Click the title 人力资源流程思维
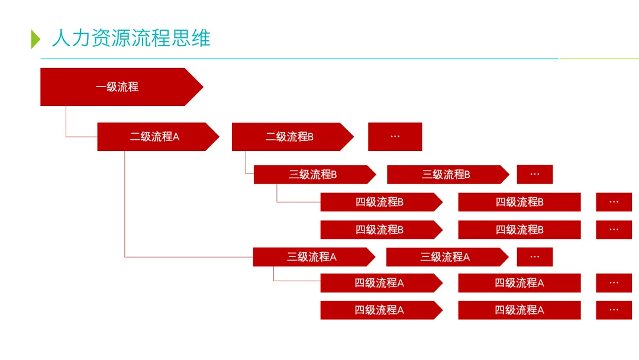pos(131,38)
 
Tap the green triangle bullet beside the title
pos(35,39)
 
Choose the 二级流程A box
pos(155,137)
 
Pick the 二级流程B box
pos(290,137)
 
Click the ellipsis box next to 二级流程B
pos(395,137)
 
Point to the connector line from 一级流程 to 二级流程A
pos(66,124)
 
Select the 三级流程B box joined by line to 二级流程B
pos(312,175)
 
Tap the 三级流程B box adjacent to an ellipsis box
pos(446,175)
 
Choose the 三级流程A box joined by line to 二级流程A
pos(312,257)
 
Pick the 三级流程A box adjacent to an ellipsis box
pos(445,257)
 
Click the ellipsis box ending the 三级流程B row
pos(534,175)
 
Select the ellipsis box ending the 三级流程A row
pos(534,257)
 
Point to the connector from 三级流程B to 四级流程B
pos(277,195)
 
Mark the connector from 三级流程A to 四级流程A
pos(274,275)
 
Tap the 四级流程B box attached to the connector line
pos(379,202)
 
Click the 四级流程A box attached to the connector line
pos(379,283)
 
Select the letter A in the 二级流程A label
pos(176,137)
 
